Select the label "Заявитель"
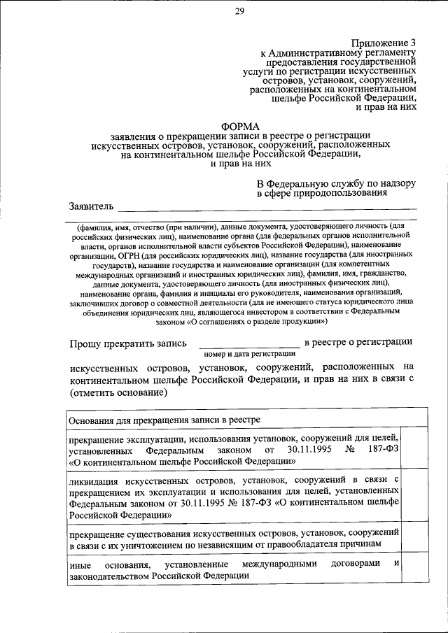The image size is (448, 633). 90,206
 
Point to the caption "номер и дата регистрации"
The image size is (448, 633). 249,354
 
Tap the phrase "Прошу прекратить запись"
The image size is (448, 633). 128,343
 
